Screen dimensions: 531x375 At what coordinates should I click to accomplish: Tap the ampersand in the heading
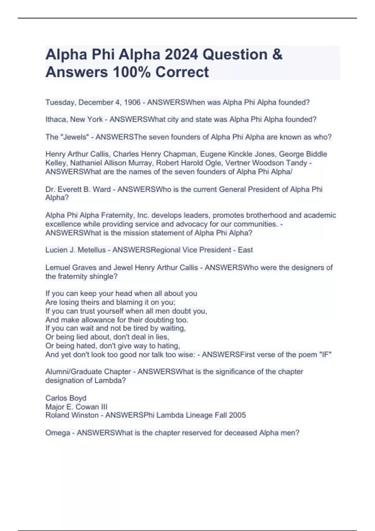(x=277, y=55)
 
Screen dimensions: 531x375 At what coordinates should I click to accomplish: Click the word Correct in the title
(x=182, y=72)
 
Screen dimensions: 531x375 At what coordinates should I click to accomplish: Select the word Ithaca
(x=56, y=120)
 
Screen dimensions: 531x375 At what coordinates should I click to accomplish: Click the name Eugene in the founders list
(x=212, y=154)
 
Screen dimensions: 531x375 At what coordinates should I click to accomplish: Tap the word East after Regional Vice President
(x=245, y=250)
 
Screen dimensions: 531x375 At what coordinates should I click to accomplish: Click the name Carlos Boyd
(x=66, y=398)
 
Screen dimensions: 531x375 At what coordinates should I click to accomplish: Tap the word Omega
(x=58, y=433)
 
